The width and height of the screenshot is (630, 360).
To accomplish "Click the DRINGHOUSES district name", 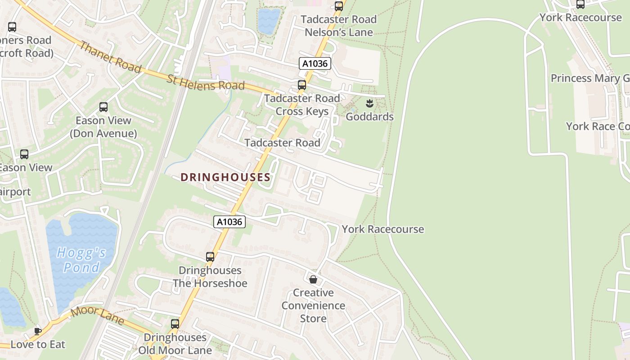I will (x=225, y=177).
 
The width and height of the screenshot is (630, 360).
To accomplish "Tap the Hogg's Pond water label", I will (x=81, y=260).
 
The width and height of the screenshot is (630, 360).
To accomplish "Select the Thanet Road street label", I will (x=111, y=57).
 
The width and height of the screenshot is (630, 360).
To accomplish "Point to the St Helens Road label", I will (x=206, y=83).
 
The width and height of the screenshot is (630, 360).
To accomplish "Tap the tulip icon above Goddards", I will (x=369, y=103).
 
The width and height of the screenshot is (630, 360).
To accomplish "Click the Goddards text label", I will (x=369, y=117).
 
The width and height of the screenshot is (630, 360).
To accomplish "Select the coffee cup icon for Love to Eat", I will (x=38, y=331).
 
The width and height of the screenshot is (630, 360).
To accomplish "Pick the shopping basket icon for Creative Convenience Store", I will (x=313, y=279).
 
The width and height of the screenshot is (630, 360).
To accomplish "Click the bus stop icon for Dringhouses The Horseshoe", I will (x=210, y=257).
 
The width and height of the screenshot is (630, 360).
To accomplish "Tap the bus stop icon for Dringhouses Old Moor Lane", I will (x=175, y=324).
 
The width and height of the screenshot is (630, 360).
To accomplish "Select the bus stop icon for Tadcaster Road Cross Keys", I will (x=302, y=85).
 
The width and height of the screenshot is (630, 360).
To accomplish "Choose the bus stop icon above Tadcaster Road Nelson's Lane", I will (x=339, y=6).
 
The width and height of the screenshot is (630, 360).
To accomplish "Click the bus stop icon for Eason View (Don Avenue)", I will (x=103, y=107).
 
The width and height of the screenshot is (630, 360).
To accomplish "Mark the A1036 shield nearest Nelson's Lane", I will (x=315, y=63).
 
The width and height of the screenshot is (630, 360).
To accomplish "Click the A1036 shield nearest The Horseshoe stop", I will (x=229, y=221).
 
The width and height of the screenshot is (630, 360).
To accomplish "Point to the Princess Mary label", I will (x=589, y=78).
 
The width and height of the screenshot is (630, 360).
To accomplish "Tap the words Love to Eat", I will (x=38, y=345).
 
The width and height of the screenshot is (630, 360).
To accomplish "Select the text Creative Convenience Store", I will (x=313, y=306).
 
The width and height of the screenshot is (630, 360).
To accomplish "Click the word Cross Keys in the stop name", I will (x=302, y=111).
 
